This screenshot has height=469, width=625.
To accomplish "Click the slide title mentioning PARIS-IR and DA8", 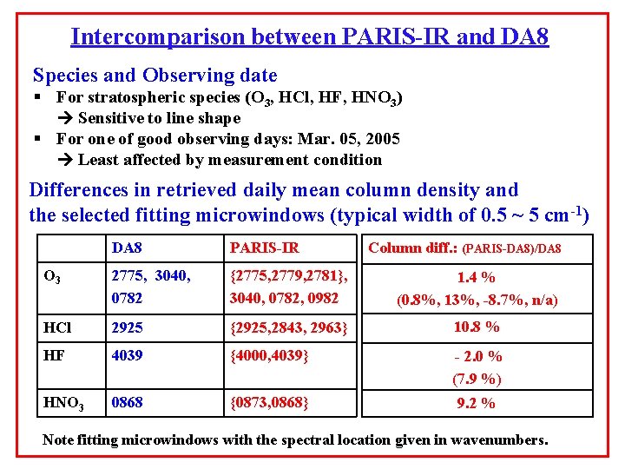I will tap(310, 37).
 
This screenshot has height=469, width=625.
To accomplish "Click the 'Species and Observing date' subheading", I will tap(155, 76).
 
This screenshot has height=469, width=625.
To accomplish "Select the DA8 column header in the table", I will tap(128, 248).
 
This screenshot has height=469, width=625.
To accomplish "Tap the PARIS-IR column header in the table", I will tap(264, 248).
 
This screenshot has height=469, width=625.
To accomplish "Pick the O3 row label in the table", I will tap(51, 278).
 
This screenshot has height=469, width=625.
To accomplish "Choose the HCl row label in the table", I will tap(56, 327).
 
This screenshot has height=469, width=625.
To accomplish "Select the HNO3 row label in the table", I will tap(62, 403).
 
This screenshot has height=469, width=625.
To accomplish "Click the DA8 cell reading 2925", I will tap(127, 327).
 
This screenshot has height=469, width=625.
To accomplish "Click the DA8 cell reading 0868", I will tap(127, 403).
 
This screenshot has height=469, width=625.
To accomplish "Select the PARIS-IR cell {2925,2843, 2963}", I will tap(288, 327).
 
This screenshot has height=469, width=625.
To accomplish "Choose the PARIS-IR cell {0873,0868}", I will tap(270, 403).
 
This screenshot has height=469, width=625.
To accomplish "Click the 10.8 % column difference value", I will tap(477, 327).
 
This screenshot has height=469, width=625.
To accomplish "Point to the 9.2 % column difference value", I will tap(477, 403).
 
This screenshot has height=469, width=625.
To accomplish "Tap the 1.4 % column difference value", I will tap(477, 278).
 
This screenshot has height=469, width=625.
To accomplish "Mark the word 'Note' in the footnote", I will tap(59, 439).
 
